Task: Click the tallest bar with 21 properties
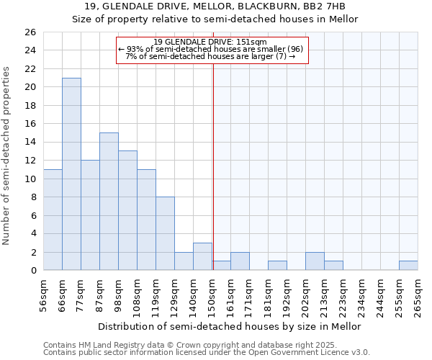tap(71, 174)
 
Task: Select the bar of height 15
tap(109, 201)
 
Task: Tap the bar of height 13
tap(127, 210)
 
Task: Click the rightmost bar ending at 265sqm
tap(408, 266)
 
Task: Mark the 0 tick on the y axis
tap(32, 270)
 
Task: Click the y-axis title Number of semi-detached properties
tap(7, 155)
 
